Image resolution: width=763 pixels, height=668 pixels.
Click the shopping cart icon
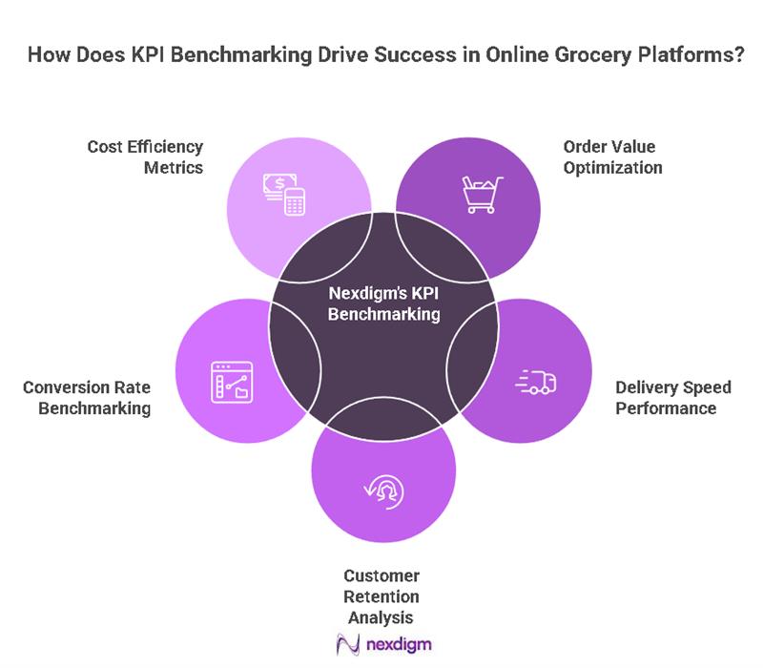tap(483, 193)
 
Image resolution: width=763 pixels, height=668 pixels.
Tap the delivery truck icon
tap(536, 382)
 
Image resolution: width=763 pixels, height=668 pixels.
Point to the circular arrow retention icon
tap(383, 491)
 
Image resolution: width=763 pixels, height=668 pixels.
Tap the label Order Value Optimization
tap(612, 157)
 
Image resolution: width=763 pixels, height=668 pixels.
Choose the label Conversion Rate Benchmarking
tap(88, 398)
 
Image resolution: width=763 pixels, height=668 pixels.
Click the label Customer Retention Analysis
tap(381, 596)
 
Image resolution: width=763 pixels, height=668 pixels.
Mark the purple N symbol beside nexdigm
tap(346, 645)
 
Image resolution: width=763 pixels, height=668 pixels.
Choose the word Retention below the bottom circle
tap(381, 596)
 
